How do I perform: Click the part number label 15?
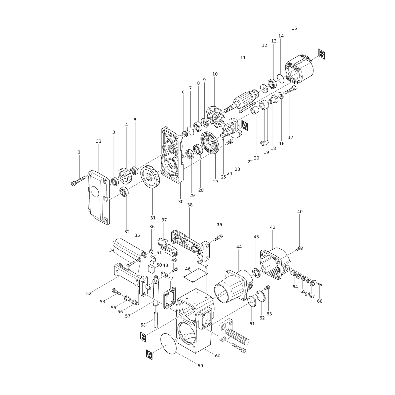(x=294, y=28)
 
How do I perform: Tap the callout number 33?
(x=99, y=141)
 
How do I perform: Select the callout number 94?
(x=307, y=294)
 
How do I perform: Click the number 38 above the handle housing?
(x=190, y=205)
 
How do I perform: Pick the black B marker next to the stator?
(x=322, y=54)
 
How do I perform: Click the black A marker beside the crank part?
(x=245, y=125)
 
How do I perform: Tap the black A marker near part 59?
(x=149, y=355)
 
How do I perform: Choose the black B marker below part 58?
(x=143, y=337)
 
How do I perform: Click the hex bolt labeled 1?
(x=78, y=181)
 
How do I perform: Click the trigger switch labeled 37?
(x=168, y=247)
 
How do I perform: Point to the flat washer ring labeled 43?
(x=256, y=273)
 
